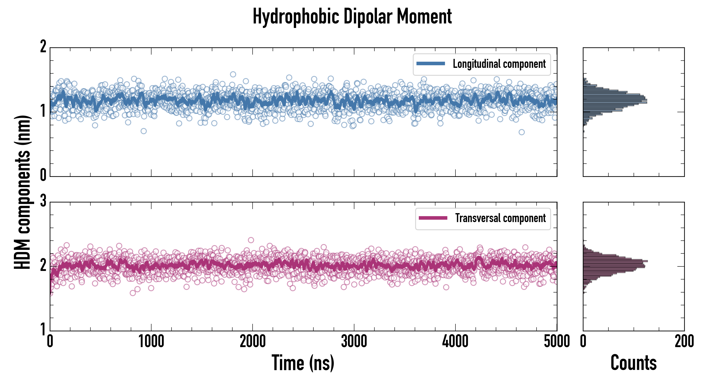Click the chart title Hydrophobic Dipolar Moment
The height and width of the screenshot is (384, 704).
352,16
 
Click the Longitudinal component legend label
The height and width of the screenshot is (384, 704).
499,64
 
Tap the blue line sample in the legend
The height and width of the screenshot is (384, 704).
431,64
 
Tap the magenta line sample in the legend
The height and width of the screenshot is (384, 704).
433,218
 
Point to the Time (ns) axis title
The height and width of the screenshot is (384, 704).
303,363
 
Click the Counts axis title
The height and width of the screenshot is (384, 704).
633,363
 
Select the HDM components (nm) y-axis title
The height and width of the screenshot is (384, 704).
22,192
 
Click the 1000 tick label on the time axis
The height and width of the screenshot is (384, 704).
151,342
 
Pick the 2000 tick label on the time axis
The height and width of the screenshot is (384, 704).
253,342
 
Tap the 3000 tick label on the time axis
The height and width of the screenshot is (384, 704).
354,342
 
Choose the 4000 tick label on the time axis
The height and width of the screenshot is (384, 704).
455,342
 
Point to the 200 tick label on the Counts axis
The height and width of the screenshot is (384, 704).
684,342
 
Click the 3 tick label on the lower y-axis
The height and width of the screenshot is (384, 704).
43,201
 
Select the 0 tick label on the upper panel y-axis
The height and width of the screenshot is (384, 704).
43,175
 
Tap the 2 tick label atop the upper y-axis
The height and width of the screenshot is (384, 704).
43,47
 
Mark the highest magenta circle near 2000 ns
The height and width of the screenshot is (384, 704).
251,240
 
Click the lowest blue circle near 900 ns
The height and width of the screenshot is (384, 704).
144,131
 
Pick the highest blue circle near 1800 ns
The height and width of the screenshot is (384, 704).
233,74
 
